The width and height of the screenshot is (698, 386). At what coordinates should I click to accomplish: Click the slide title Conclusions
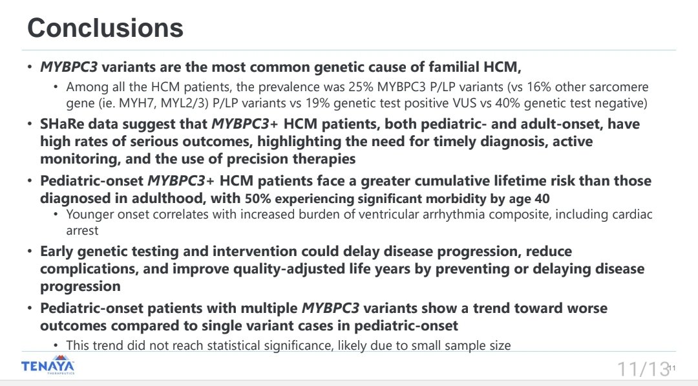(x=105, y=28)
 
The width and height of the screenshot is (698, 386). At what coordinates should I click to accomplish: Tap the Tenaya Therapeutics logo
(x=48, y=367)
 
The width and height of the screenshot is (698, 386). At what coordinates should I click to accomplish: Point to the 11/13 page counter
(x=642, y=369)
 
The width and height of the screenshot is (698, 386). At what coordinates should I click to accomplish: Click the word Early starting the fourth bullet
(x=58, y=251)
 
